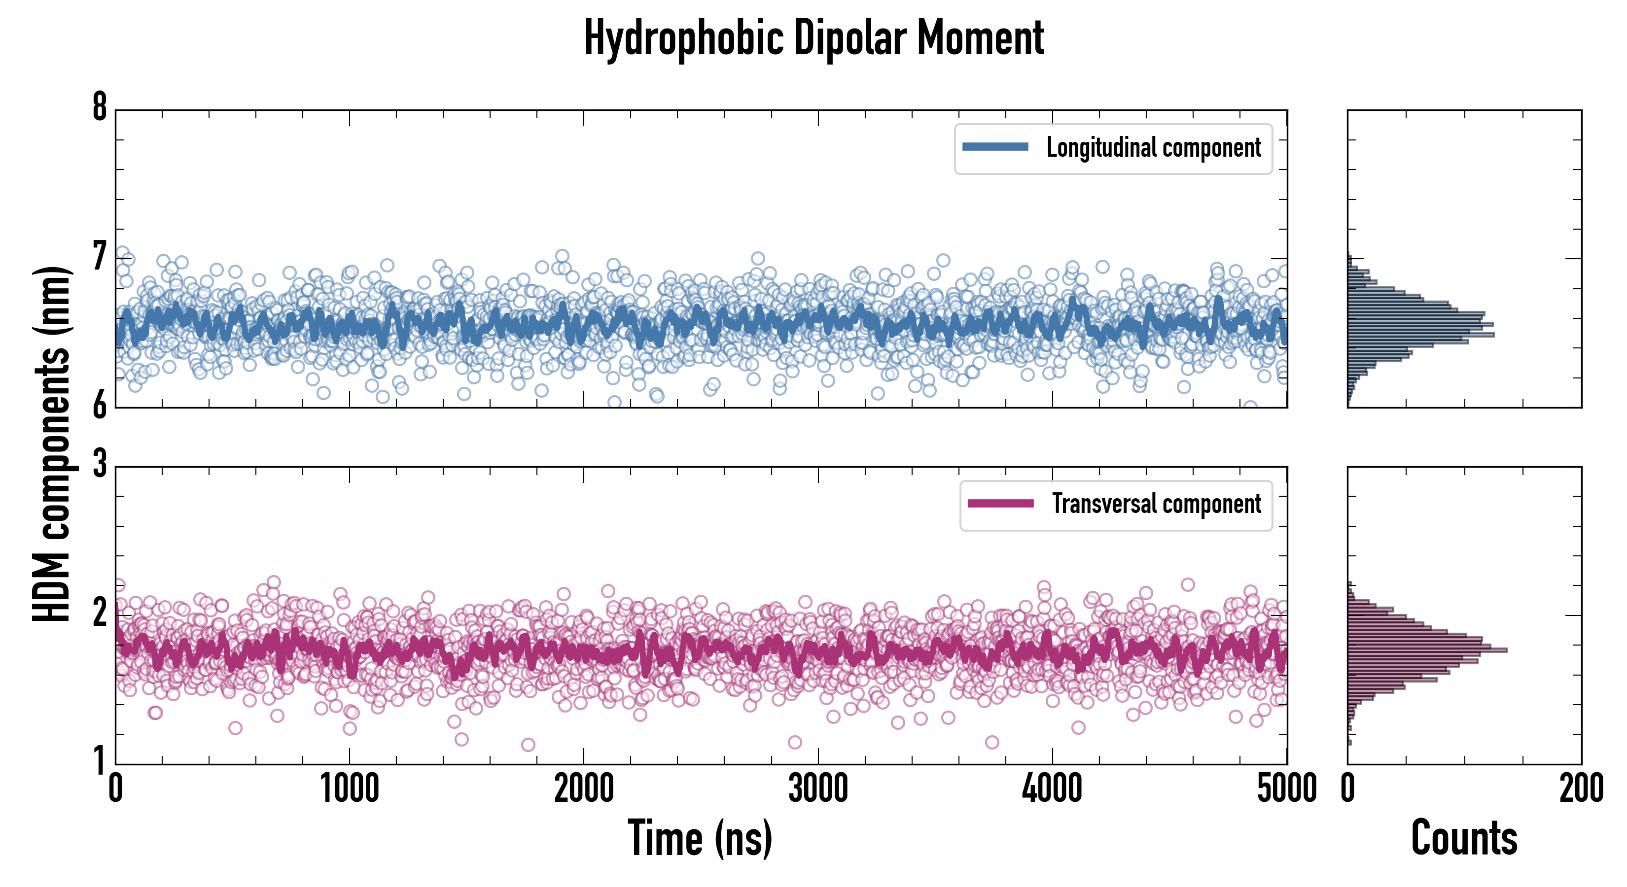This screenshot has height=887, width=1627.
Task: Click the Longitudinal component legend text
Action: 1153,148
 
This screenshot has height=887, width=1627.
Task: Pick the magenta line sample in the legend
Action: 1000,504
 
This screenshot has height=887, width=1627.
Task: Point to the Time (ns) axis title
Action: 700,838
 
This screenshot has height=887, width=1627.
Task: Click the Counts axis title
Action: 1464,838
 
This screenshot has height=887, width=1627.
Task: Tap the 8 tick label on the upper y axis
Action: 100,107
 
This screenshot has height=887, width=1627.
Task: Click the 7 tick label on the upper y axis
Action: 100,257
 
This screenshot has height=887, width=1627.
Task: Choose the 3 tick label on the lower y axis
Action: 100,465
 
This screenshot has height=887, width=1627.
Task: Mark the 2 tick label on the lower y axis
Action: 100,613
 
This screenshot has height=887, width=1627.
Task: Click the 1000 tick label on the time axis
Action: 349,789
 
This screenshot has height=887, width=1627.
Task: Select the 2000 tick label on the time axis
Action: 584,789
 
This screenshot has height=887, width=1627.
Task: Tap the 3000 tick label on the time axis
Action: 818,789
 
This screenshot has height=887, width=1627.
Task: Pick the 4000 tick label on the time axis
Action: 1052,789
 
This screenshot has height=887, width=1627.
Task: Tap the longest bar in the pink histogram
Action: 1427,649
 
